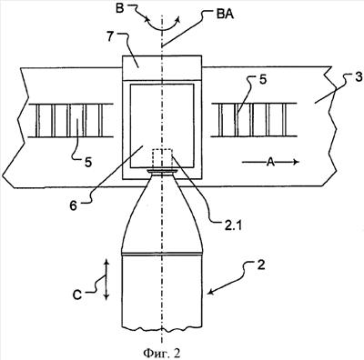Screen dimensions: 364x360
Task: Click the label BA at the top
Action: click(x=225, y=15)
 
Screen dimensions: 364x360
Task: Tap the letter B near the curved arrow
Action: click(x=120, y=8)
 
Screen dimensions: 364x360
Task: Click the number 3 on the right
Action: click(x=359, y=77)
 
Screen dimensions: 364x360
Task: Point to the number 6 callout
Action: click(x=73, y=206)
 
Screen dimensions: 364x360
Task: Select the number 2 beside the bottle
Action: click(x=261, y=265)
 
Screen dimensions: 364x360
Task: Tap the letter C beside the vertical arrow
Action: click(x=77, y=295)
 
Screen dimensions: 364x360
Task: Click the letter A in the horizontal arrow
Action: click(x=270, y=163)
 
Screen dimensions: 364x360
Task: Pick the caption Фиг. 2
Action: click(x=162, y=353)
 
